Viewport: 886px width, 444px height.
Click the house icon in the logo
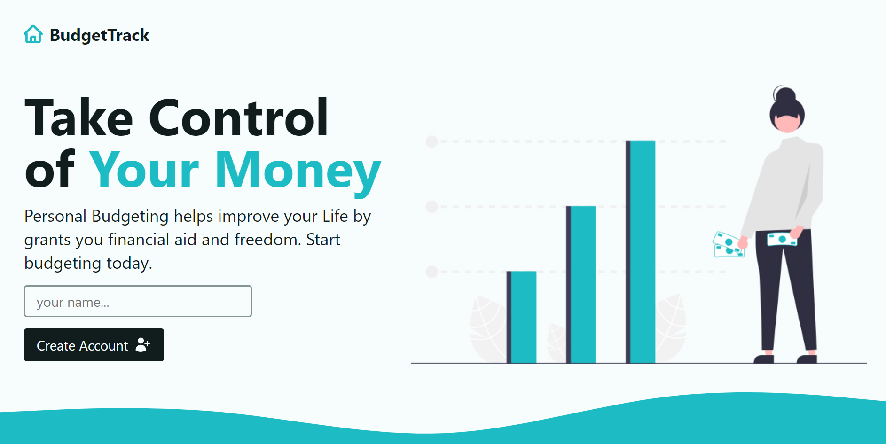click(x=33, y=34)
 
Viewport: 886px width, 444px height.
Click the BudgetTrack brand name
click(x=99, y=35)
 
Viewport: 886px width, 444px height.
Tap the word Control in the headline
click(x=238, y=118)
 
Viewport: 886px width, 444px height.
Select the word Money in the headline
click(x=298, y=170)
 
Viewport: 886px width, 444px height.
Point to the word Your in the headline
click(x=144, y=170)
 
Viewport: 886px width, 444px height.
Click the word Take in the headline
click(x=79, y=118)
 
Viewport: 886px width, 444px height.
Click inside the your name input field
click(x=138, y=301)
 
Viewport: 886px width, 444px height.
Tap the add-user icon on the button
click(x=142, y=345)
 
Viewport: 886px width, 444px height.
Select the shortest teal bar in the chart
click(x=523, y=317)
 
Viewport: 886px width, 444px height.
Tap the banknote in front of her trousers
click(x=781, y=239)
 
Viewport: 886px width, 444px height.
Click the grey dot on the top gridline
click(x=431, y=141)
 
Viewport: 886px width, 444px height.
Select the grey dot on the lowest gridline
click(x=431, y=272)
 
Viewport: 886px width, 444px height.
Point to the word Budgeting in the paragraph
click(x=130, y=216)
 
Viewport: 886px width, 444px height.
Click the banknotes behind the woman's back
click(x=728, y=245)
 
